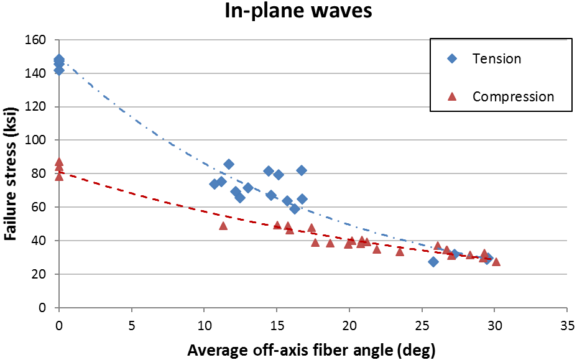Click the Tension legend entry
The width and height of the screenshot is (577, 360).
coord(496,59)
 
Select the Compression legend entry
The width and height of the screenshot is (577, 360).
coord(513,97)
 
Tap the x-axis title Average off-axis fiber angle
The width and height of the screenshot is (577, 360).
coord(311,349)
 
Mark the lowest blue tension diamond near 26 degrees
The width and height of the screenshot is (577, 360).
coord(433,262)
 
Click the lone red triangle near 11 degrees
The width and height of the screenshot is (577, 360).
coord(223,226)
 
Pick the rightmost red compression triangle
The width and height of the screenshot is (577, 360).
coord(496,262)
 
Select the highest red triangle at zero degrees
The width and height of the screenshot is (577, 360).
coord(59,162)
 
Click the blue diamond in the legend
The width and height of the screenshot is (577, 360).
coord(453,59)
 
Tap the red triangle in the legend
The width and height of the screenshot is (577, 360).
coord(453,96)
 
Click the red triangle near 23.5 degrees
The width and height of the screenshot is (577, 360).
coord(400,251)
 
